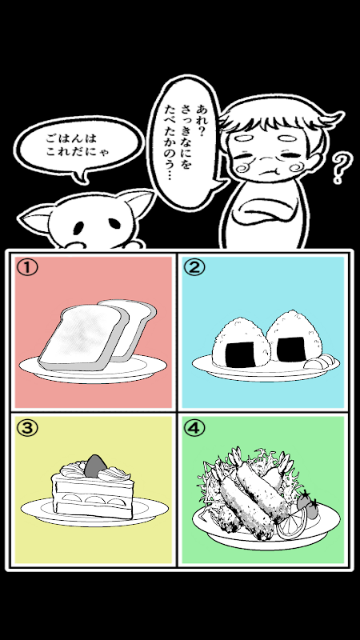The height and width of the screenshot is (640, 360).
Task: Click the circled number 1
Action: [27, 267]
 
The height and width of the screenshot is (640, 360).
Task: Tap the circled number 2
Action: [194, 267]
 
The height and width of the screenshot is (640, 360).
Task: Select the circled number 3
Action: [27, 427]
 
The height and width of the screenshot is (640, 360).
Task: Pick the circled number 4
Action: [194, 427]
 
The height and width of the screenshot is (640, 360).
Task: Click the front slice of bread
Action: [82, 338]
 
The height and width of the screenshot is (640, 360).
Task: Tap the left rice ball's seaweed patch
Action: [241, 354]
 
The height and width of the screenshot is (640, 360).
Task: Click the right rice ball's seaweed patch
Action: [290, 349]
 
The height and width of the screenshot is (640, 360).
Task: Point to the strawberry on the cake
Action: [95, 466]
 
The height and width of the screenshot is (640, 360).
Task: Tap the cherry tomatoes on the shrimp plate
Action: [308, 506]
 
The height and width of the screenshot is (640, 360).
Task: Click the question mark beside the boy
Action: [342, 167]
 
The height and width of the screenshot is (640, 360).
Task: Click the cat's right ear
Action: [137, 203]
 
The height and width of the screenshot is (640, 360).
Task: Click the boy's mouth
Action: [267, 170]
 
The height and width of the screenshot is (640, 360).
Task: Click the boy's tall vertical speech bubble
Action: [186, 143]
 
